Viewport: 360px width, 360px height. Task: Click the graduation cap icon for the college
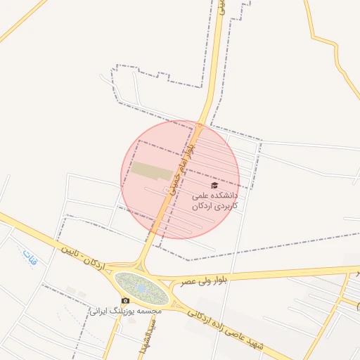click(214, 184)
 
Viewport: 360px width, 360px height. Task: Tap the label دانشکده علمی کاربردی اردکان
click(215, 200)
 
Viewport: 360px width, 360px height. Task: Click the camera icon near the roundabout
click(126, 300)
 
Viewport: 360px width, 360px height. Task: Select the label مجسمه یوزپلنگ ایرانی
click(126, 310)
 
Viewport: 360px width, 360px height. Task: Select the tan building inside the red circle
click(152, 170)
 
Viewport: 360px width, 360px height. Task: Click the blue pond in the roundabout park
click(141, 288)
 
